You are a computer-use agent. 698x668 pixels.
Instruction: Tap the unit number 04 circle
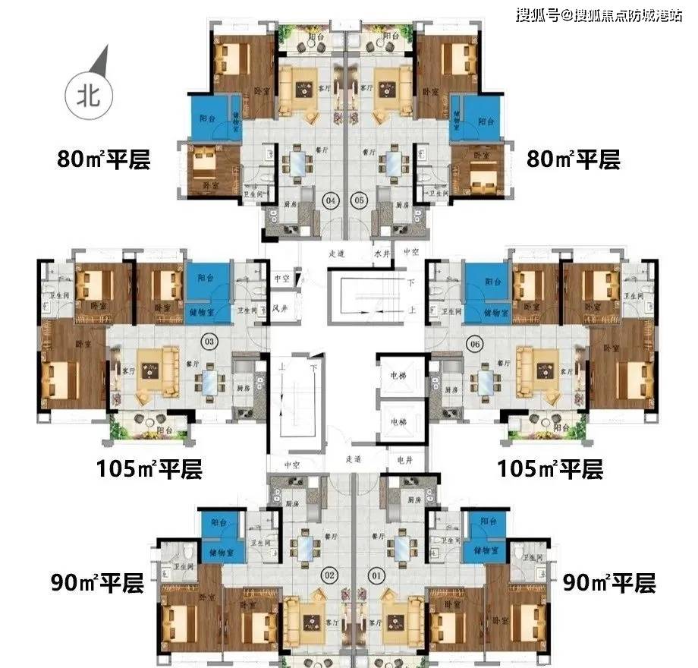(x=309, y=200)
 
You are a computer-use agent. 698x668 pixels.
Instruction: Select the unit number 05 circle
(x=360, y=200)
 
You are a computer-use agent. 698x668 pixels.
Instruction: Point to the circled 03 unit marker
(x=206, y=342)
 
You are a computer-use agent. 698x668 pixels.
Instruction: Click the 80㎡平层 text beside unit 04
(x=104, y=161)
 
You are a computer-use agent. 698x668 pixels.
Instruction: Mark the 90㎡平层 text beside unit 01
(x=608, y=583)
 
